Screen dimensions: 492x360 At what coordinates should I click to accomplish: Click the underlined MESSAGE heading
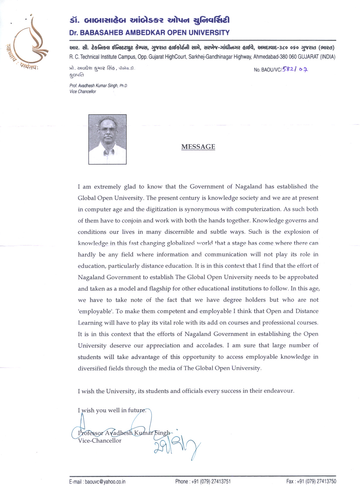tap(198, 147)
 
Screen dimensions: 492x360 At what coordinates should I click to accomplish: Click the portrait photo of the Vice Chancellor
tap(107, 139)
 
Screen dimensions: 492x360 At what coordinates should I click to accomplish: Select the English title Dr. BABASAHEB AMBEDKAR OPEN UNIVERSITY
tap(149, 33)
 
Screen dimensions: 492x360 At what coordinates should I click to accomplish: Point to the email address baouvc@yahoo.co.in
tap(105, 481)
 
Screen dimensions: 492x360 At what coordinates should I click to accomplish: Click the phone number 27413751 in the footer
tap(220, 481)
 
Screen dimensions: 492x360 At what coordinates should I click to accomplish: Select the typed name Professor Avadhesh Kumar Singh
tap(124, 433)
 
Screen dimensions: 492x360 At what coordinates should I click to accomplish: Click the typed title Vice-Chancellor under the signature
tap(100, 441)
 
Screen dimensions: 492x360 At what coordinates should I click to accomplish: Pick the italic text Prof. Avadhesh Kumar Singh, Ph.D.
tap(98, 86)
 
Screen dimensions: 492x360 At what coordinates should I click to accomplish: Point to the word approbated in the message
tap(303, 277)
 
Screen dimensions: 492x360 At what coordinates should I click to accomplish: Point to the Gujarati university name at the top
tap(149, 20)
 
